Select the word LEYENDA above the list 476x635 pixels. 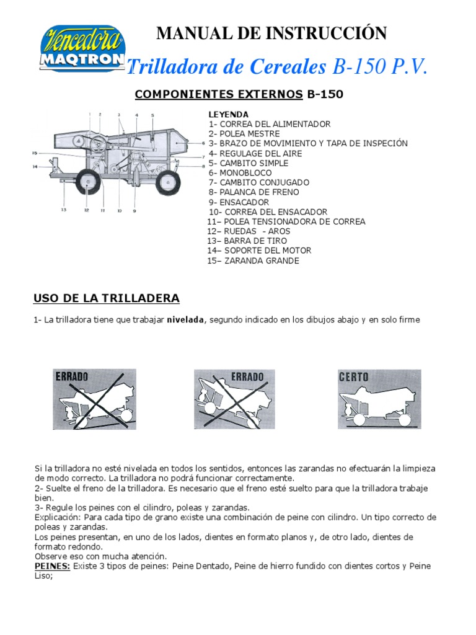(x=229, y=115)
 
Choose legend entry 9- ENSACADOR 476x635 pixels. (x=239, y=202)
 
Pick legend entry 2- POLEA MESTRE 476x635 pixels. (x=244, y=134)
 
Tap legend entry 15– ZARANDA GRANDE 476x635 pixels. (x=253, y=260)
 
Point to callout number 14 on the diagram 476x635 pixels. (x=35, y=166)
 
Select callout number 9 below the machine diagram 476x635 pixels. (x=134, y=211)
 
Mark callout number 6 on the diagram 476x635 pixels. (x=203, y=143)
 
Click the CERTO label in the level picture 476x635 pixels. (x=354, y=377)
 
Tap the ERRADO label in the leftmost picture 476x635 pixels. (x=72, y=376)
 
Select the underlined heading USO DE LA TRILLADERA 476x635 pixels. (x=106, y=298)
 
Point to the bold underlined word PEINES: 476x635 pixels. (x=53, y=566)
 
